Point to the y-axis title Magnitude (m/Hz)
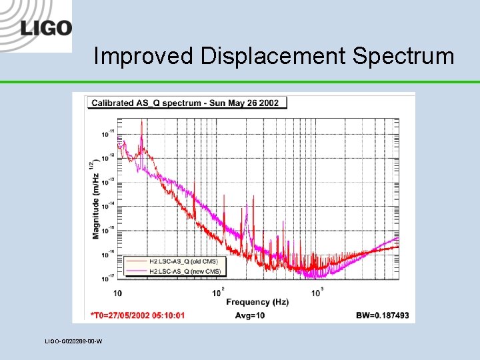click(x=95, y=199)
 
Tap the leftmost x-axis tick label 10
click(x=117, y=293)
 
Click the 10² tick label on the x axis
click(x=219, y=292)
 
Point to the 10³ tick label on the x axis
click(x=318, y=292)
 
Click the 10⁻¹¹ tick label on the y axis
click(x=107, y=133)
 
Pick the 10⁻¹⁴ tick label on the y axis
click(x=107, y=205)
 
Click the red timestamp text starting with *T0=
click(x=137, y=315)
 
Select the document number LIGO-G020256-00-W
click(x=73, y=341)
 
